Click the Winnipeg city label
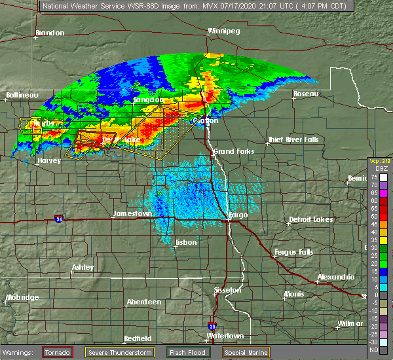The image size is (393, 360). tap(224, 31)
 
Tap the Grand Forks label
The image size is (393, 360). tap(233, 151)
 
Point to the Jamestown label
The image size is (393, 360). tap(132, 213)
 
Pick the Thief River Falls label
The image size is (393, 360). tap(293, 139)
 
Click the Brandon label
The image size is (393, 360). tap(50, 33)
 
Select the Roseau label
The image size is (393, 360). tap(305, 94)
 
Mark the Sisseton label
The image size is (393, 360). tap(229, 289)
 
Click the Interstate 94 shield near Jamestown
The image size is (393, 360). tap(59, 218)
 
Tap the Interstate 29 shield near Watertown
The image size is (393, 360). tap(212, 325)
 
